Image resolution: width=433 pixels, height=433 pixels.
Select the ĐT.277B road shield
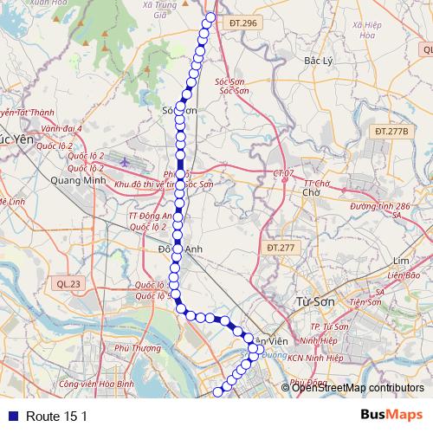tap(391, 131)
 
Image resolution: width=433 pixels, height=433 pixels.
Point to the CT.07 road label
tap(283, 174)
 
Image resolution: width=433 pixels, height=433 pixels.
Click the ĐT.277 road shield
tap(281, 248)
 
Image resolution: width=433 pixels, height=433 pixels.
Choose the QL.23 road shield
tap(67, 283)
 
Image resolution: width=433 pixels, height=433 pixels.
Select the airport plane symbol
tap(125, 161)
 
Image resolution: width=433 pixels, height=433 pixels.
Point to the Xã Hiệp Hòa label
tap(369, 31)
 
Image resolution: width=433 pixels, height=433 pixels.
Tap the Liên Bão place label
tap(404, 275)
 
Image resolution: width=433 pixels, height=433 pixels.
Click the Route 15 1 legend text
tap(57, 417)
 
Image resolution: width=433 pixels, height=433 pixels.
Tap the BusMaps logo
tap(391, 416)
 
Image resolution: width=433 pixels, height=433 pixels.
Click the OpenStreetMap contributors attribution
tap(358, 388)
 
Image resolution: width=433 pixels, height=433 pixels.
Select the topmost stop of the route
tap(210, 18)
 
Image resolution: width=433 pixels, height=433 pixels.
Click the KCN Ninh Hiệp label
tap(315, 358)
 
